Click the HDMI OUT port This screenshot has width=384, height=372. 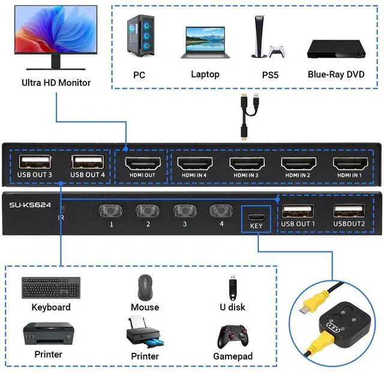point(141,163)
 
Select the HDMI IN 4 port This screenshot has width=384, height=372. point(194,163)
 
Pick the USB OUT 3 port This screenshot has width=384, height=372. point(35,162)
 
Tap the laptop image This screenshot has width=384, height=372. point(205,42)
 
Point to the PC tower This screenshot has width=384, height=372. point(139,38)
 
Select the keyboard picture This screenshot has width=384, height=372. point(51,288)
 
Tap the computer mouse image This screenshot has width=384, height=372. point(145,288)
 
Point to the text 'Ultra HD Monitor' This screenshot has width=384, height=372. point(56,83)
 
